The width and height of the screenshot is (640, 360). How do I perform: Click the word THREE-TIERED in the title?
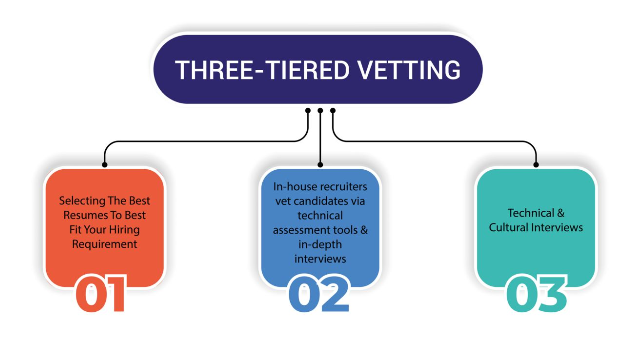[x=262, y=70]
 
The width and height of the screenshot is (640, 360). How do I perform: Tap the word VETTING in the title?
[x=409, y=70]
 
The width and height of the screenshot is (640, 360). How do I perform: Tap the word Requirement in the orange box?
[x=105, y=244]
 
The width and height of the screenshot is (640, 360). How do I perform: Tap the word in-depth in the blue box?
[x=320, y=245]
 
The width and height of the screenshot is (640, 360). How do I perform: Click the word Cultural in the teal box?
[x=509, y=227]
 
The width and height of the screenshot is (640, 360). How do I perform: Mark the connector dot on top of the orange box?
[x=105, y=165]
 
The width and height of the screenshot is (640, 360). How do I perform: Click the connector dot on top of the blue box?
[x=320, y=165]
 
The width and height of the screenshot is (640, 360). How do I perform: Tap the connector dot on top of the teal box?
[x=536, y=165]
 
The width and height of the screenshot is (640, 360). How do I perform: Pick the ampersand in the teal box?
[x=561, y=213]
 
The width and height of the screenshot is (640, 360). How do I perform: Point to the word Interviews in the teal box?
[x=557, y=227]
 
